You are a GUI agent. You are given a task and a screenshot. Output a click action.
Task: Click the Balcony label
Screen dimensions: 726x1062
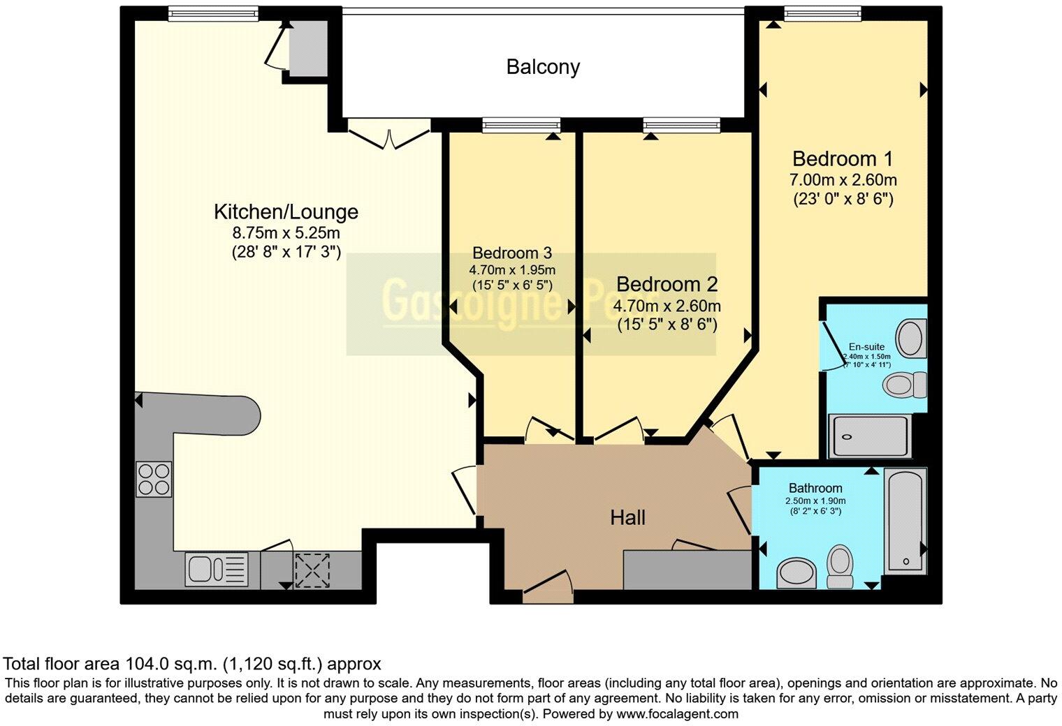tap(543, 67)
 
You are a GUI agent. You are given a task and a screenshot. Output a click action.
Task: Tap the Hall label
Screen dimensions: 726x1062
tap(627, 517)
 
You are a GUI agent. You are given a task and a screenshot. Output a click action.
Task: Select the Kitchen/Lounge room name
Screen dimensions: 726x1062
tap(285, 212)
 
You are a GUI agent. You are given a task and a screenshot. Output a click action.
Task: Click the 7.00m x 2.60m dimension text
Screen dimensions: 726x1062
tap(843, 180)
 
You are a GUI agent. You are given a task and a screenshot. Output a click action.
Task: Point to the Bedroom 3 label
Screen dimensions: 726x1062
tap(512, 253)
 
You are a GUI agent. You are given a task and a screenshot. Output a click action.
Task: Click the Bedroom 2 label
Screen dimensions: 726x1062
tap(667, 284)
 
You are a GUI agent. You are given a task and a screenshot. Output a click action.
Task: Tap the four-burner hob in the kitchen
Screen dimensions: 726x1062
tap(154, 479)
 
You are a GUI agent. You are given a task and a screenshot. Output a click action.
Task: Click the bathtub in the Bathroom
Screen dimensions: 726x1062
tap(905, 521)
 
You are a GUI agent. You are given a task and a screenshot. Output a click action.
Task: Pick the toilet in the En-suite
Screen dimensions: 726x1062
tap(904, 385)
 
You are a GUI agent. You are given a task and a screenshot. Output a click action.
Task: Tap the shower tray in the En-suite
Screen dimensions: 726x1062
tap(870, 436)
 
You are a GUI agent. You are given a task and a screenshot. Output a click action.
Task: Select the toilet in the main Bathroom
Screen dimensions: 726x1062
tap(839, 565)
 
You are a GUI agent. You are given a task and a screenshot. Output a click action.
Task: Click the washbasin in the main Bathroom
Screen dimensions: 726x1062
tap(796, 572)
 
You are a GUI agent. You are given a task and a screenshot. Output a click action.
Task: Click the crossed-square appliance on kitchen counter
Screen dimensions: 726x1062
tap(312, 569)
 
